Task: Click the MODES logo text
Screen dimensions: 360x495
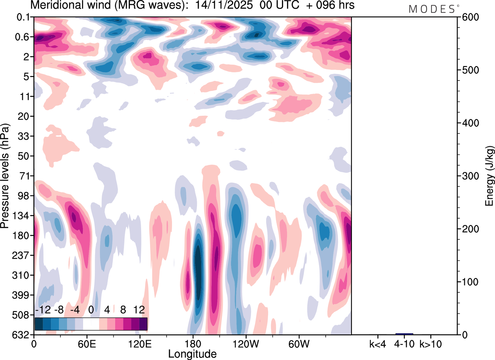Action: (432, 9)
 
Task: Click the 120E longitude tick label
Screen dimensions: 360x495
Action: (140, 344)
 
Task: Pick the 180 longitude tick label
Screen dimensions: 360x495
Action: (193, 344)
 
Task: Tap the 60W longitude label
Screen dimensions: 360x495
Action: (299, 344)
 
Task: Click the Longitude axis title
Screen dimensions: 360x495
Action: (192, 353)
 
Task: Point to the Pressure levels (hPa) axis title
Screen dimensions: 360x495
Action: (5, 176)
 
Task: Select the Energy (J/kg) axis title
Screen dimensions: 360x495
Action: (490, 176)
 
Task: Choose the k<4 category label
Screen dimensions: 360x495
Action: (377, 344)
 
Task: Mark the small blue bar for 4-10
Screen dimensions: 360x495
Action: (404, 334)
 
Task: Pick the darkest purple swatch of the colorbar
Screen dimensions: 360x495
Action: (143, 324)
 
